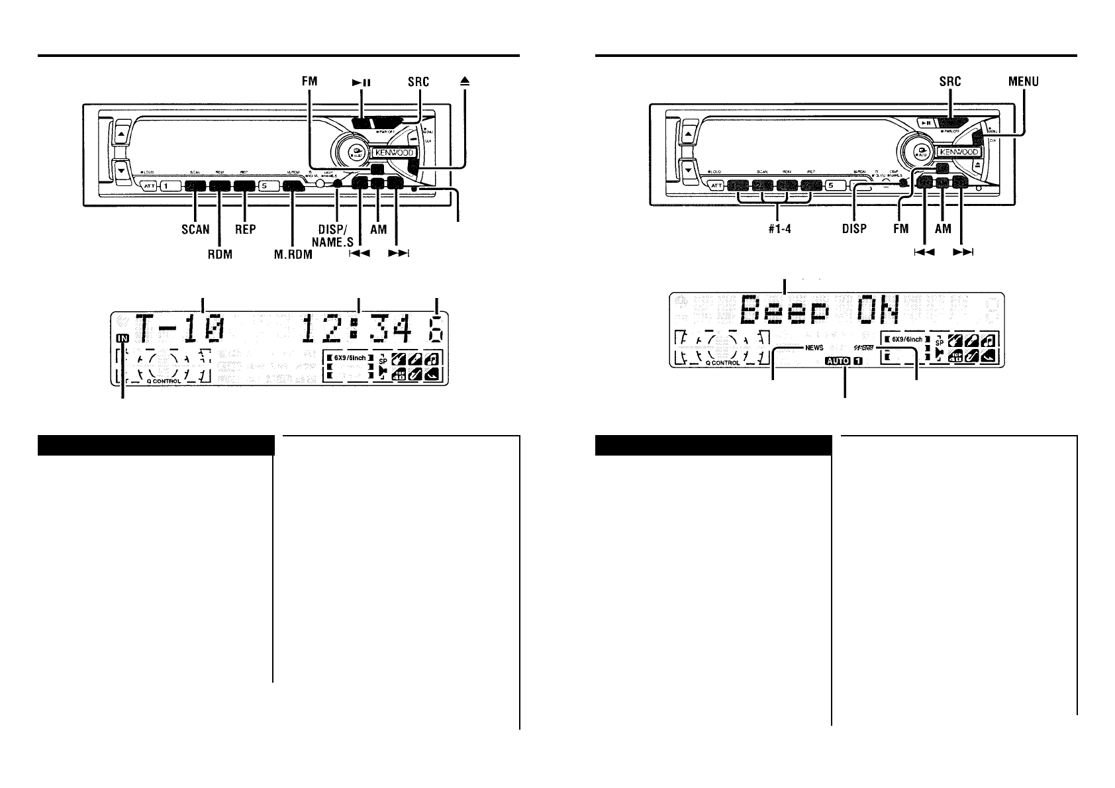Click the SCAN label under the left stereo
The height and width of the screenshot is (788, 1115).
coord(195,229)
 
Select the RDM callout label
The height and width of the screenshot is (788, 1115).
coord(218,254)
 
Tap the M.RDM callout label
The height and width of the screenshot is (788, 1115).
coord(293,254)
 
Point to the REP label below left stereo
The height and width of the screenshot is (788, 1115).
coord(245,229)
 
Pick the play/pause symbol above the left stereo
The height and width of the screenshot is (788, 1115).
coord(361,82)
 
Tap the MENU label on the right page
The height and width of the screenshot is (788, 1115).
coord(1023,81)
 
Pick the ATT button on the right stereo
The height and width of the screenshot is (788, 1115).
coord(716,186)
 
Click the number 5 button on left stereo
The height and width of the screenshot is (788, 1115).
coord(264,186)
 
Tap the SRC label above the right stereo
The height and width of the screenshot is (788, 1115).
coord(950,81)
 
